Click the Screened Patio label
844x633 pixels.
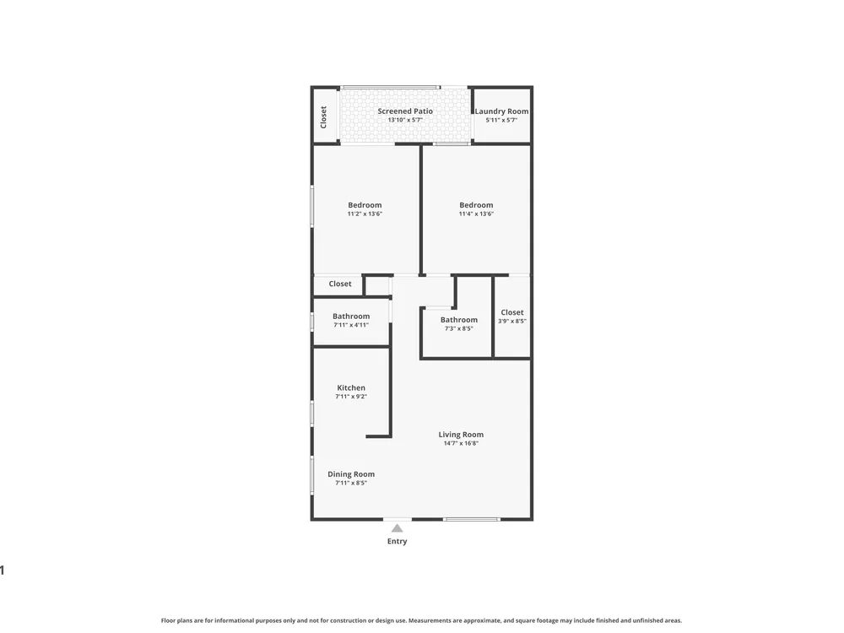click(405, 111)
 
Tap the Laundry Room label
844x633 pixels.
click(501, 111)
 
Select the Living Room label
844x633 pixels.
click(461, 435)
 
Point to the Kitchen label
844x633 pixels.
click(351, 387)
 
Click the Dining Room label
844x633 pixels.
click(351, 474)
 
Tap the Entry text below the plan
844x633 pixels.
click(398, 542)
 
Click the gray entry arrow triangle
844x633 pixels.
click(398, 528)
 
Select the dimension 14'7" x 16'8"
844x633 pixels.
click(461, 444)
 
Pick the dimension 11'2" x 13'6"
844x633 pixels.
click(365, 214)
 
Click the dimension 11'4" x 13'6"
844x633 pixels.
click(476, 214)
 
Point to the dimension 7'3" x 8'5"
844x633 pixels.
click(458, 328)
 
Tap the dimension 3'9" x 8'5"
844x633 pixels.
click(512, 321)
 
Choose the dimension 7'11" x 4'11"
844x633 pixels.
click(351, 325)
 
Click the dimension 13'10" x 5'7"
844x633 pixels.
click(405, 120)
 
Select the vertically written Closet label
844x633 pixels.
click(323, 117)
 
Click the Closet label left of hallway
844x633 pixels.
click(340, 284)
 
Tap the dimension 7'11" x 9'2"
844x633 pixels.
click(351, 397)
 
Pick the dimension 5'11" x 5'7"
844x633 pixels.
click(501, 120)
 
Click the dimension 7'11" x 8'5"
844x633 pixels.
click(351, 483)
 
